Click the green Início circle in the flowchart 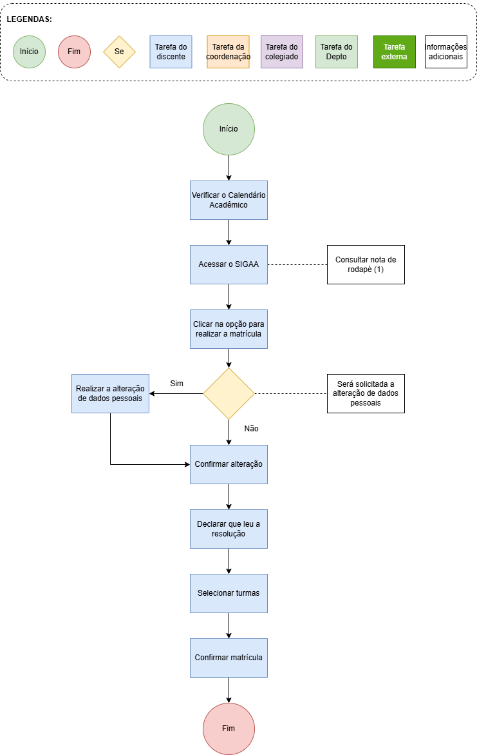[229, 129]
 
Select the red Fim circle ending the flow [229, 729]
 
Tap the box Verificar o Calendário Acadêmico [229, 201]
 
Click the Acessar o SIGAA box [229, 264]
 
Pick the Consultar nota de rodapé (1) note [366, 264]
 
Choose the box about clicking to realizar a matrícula [229, 329]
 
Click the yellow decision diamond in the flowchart [229, 393]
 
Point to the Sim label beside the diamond [176, 383]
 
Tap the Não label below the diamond [251, 429]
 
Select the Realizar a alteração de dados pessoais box [110, 393]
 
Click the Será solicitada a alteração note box [366, 393]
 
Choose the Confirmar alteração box [229, 464]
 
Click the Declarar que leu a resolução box [229, 529]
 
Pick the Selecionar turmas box [229, 593]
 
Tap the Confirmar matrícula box [229, 658]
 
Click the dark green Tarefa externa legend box [395, 52]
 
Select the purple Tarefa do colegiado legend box [282, 52]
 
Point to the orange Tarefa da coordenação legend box [228, 52]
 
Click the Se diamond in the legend [119, 52]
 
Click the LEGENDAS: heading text [30, 19]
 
